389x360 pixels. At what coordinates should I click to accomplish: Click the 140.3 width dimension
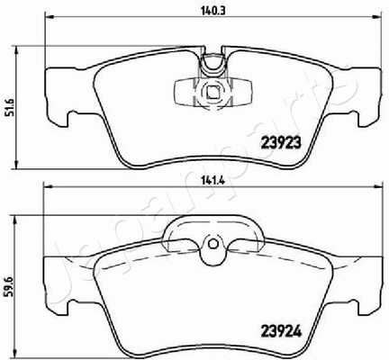(x=213, y=11)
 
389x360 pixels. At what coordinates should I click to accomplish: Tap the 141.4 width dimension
(x=213, y=181)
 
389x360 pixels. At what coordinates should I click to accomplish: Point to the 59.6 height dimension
(x=7, y=286)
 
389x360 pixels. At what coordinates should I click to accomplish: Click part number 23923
(x=281, y=144)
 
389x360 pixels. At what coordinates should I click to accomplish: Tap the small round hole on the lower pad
(x=213, y=244)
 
